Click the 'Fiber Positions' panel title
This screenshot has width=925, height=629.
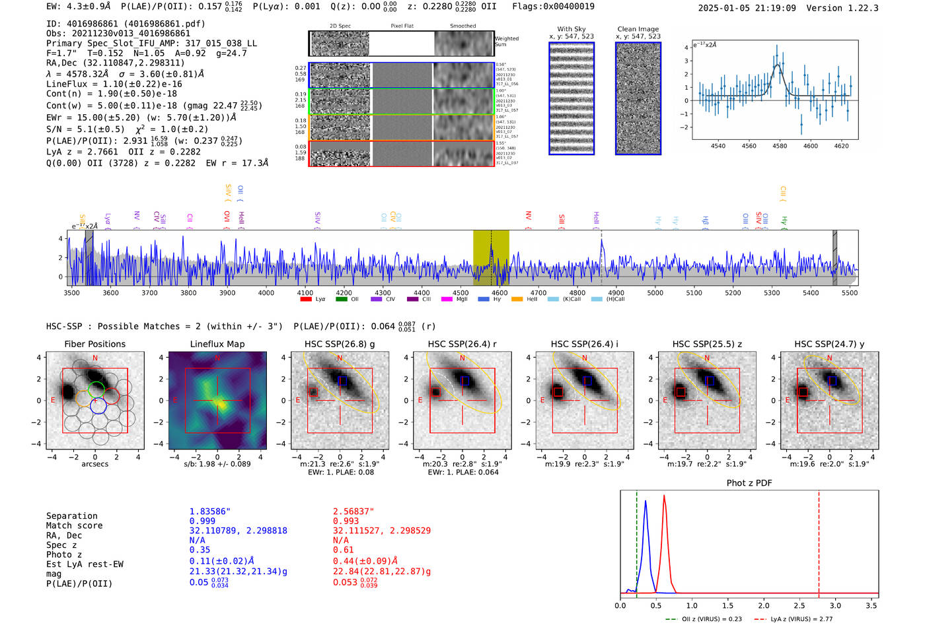click(94, 344)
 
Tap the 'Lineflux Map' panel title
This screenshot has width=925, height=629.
click(217, 344)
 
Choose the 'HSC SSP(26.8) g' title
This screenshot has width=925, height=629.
click(340, 344)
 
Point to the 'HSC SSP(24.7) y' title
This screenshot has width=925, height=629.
click(829, 344)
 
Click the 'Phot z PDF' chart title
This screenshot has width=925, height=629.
click(749, 482)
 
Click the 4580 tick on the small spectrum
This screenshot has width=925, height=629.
click(780, 146)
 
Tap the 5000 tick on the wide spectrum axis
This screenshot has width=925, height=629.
click(655, 292)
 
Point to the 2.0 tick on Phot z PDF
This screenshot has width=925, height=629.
click(764, 605)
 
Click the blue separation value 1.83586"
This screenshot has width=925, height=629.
click(209, 512)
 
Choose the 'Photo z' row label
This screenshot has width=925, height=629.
click(63, 554)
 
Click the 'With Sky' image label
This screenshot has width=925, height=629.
click(571, 29)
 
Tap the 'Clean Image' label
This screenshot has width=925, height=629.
click(638, 29)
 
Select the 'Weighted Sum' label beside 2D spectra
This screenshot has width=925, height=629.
click(506, 42)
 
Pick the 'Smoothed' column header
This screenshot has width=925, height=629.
click(462, 26)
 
